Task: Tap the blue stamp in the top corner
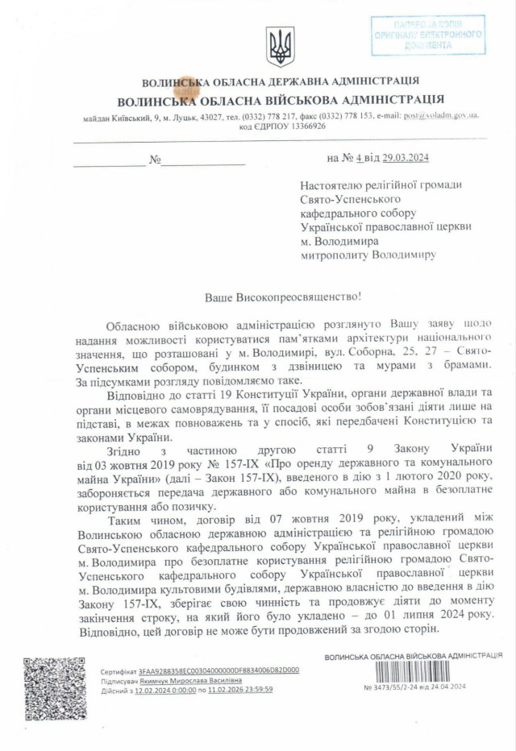428,35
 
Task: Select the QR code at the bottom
55,687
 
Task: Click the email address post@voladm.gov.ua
441,115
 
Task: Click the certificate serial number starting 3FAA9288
218,670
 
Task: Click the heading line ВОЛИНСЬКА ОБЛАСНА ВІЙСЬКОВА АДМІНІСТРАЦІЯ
280,101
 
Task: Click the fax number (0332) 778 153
347,116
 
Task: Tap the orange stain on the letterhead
186,88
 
